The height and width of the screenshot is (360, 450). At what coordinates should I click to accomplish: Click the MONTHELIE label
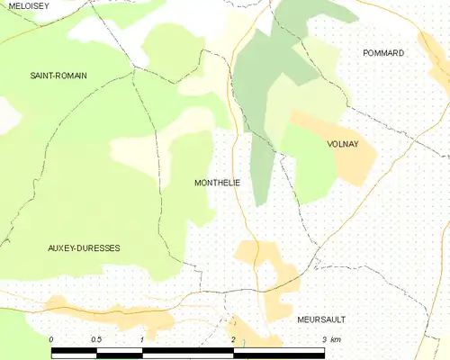tap(217, 183)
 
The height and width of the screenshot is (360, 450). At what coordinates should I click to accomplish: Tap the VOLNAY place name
tap(342, 144)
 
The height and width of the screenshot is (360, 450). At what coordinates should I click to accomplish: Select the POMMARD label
tap(383, 53)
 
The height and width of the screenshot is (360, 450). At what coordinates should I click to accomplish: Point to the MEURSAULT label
tap(321, 319)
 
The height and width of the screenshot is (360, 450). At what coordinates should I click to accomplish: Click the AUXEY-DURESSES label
tap(84, 247)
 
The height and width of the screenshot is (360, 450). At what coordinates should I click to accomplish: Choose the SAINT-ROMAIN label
tap(58, 76)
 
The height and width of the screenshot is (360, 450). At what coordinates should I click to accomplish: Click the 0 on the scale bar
tap(51, 339)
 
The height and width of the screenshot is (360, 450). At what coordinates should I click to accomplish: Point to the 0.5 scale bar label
tap(96, 339)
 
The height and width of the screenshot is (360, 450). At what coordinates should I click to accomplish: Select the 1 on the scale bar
tap(142, 339)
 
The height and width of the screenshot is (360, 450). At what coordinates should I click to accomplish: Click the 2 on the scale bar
tap(233, 339)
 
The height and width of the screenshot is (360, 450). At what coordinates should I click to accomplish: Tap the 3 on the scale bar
tap(324, 339)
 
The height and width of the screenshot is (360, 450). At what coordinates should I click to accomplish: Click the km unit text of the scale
tap(336, 339)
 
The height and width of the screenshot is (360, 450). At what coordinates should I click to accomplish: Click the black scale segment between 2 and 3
tap(279, 351)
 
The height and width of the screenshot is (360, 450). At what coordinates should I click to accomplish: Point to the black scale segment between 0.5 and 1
tap(120, 351)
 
